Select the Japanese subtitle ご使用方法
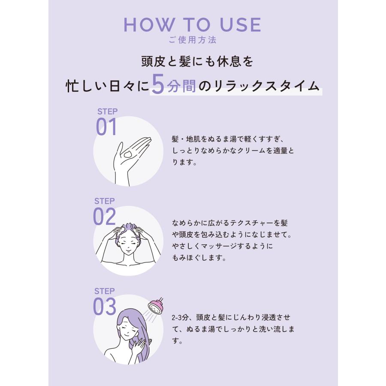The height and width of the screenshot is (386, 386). [193, 40]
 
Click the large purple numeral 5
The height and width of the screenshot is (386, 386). [158, 86]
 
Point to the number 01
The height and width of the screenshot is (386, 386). [106, 127]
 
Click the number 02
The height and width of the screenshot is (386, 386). [105, 217]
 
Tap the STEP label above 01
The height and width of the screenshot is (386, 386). [107, 112]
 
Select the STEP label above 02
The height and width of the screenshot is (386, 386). [104, 201]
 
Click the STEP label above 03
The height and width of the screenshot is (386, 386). [104, 290]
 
